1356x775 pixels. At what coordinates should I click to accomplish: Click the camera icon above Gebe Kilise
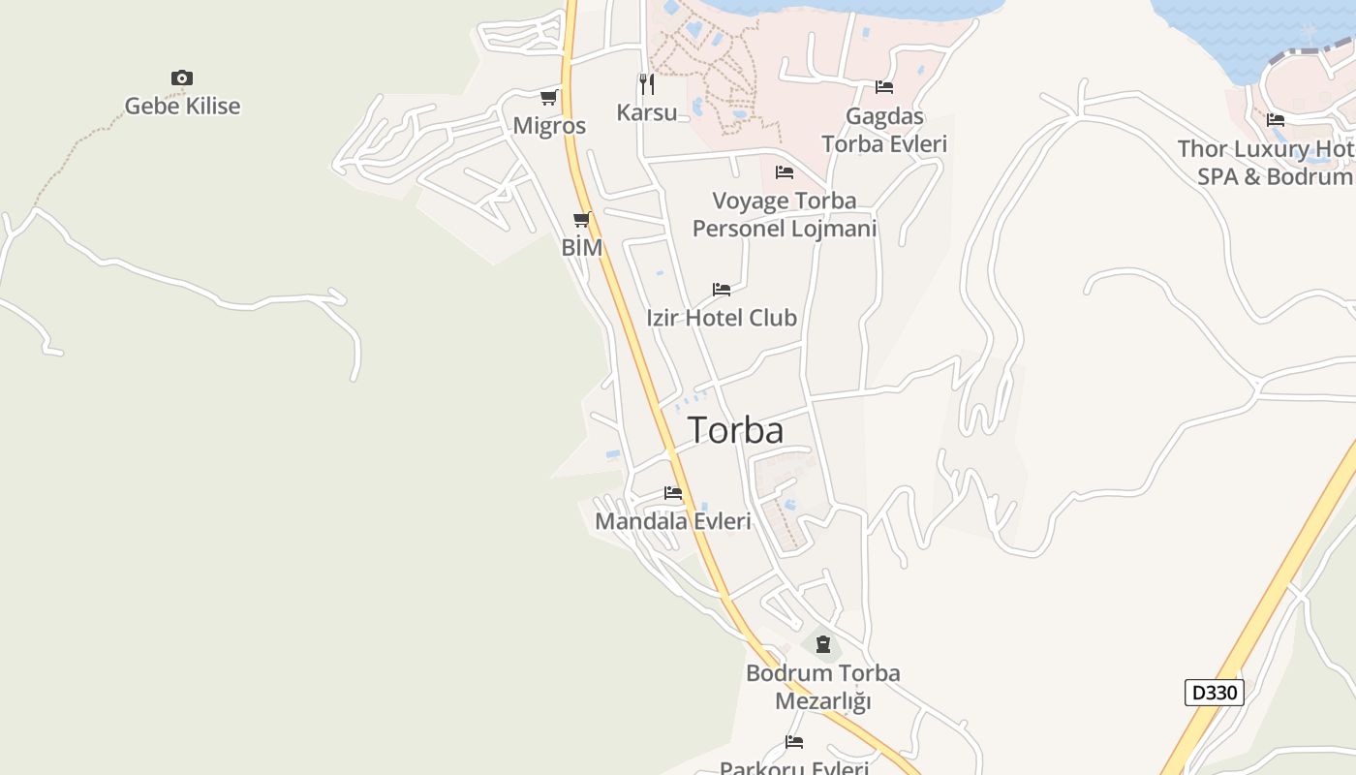(x=181, y=77)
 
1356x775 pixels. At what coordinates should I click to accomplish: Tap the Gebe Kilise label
(x=182, y=107)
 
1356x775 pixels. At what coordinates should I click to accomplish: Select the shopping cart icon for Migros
(x=549, y=97)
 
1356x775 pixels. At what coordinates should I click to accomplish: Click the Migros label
(x=549, y=126)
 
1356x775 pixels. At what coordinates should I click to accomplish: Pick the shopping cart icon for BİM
(x=581, y=220)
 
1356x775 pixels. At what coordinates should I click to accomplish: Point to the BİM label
(x=582, y=248)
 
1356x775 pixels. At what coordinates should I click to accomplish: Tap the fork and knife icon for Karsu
(x=646, y=84)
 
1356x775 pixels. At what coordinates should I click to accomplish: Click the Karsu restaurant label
(x=647, y=112)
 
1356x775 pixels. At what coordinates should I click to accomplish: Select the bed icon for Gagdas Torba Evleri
(x=884, y=87)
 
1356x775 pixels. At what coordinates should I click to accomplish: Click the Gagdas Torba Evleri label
(x=884, y=130)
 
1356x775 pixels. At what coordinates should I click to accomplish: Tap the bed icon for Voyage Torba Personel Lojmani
(x=785, y=172)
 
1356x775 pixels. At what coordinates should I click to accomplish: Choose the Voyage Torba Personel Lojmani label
(x=785, y=214)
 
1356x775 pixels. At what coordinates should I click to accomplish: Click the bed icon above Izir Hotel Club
(x=722, y=289)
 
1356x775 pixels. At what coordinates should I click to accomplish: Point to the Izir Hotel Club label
(x=722, y=318)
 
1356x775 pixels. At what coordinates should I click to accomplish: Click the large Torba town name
(x=736, y=430)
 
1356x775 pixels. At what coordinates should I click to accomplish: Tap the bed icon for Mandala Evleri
(x=673, y=493)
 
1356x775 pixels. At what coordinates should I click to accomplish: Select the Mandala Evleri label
(x=673, y=521)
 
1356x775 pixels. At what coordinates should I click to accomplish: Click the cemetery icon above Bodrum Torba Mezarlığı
(x=823, y=644)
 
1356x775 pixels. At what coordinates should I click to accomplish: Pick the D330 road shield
(x=1214, y=693)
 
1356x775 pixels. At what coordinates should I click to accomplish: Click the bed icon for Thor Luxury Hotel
(x=1276, y=120)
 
